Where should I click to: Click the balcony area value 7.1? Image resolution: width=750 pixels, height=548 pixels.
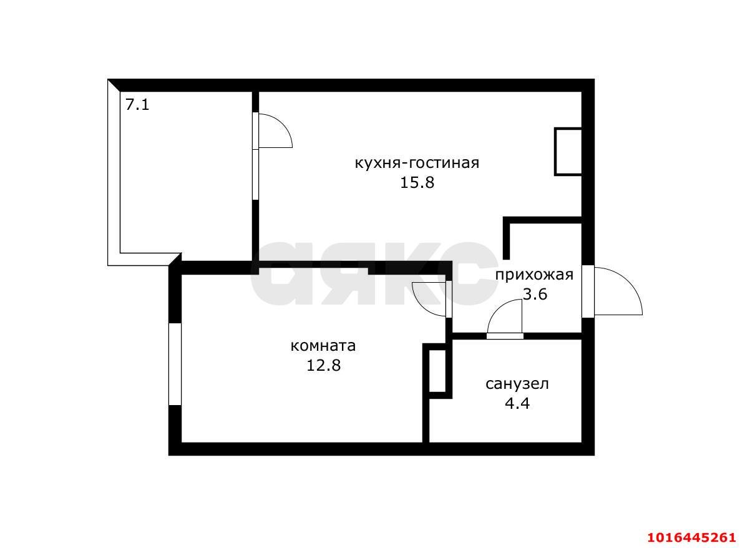click(x=137, y=105)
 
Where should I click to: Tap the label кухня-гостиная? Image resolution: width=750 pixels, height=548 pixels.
click(x=417, y=164)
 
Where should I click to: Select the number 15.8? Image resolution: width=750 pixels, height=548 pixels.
click(x=417, y=183)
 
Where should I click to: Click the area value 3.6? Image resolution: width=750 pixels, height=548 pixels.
click(x=535, y=294)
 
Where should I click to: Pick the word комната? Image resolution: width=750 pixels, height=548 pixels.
click(x=323, y=346)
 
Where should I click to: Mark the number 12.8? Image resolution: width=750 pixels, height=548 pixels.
click(x=323, y=366)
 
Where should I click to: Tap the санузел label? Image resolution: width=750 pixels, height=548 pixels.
click(x=517, y=384)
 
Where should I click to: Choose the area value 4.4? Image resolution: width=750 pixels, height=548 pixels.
click(x=517, y=404)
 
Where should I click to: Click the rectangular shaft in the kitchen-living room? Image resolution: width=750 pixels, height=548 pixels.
click(x=568, y=152)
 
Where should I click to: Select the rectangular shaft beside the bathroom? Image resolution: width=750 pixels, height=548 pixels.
click(x=437, y=371)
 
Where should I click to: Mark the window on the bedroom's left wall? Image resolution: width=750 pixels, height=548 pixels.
click(x=175, y=364)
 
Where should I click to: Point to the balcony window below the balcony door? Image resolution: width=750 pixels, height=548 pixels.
click(x=255, y=175)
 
